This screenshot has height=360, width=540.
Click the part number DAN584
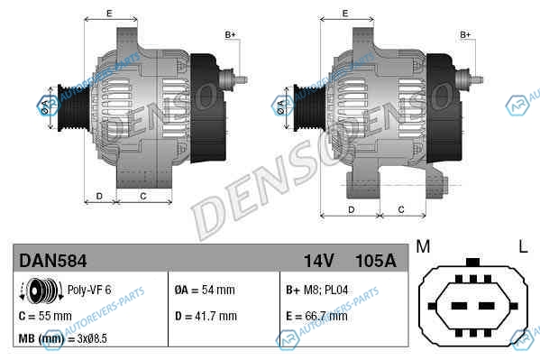(x=52, y=261)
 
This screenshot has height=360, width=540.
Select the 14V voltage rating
(x=318, y=261)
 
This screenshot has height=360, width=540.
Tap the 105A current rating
(x=376, y=261)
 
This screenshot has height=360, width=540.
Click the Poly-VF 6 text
(x=89, y=290)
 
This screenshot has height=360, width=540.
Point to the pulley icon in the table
(x=41, y=291)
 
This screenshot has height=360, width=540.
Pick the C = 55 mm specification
(x=45, y=316)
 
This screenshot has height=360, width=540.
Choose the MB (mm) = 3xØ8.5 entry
(x=63, y=338)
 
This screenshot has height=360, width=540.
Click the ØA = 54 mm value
(x=205, y=290)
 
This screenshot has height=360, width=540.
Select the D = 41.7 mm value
(x=206, y=316)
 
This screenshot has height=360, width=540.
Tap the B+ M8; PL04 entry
(x=316, y=290)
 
